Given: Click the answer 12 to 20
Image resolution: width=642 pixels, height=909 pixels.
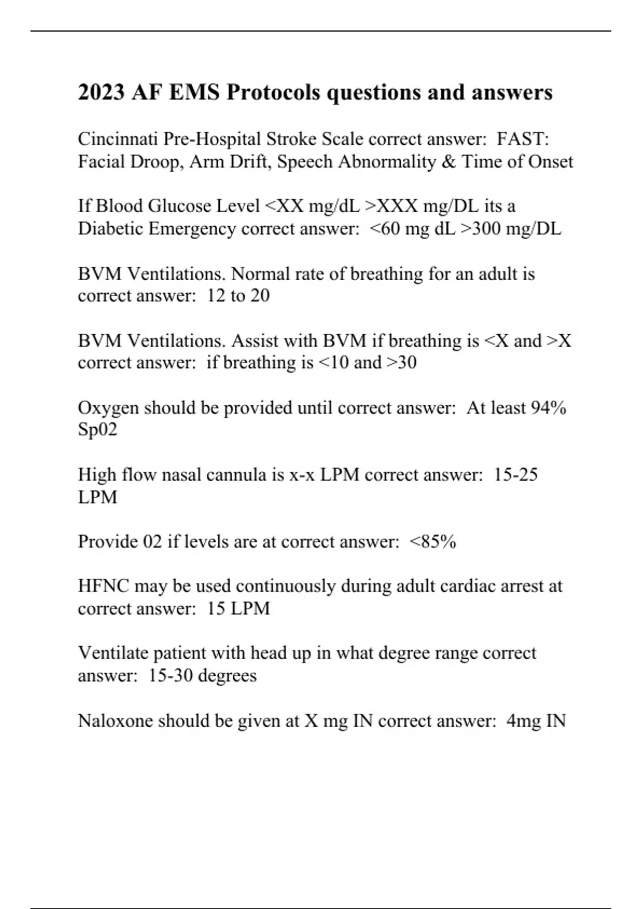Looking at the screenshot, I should (238, 296).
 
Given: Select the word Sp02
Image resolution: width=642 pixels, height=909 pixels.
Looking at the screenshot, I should (97, 430).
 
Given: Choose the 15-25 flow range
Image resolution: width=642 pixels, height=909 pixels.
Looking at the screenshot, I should (516, 475).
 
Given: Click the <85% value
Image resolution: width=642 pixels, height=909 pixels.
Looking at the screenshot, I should (433, 542).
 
